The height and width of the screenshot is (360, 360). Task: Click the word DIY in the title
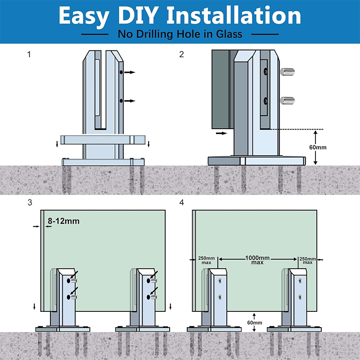click(137, 16)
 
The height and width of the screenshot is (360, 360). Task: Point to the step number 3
click(30, 202)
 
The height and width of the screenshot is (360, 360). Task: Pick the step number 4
click(181, 202)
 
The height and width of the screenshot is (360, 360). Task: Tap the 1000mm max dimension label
click(257, 260)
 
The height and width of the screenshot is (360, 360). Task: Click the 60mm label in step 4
click(254, 323)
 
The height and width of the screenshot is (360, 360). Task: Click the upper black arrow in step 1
click(130, 72)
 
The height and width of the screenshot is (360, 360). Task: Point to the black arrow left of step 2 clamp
click(221, 134)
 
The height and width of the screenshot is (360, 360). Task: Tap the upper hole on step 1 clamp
click(121, 72)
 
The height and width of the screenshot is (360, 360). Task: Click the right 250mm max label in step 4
click(308, 261)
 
